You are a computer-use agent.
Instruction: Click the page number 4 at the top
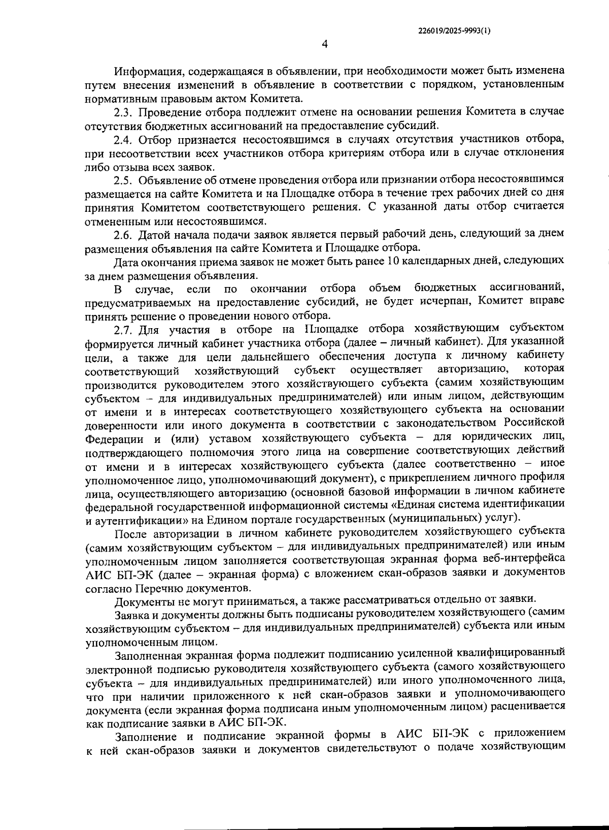325,44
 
